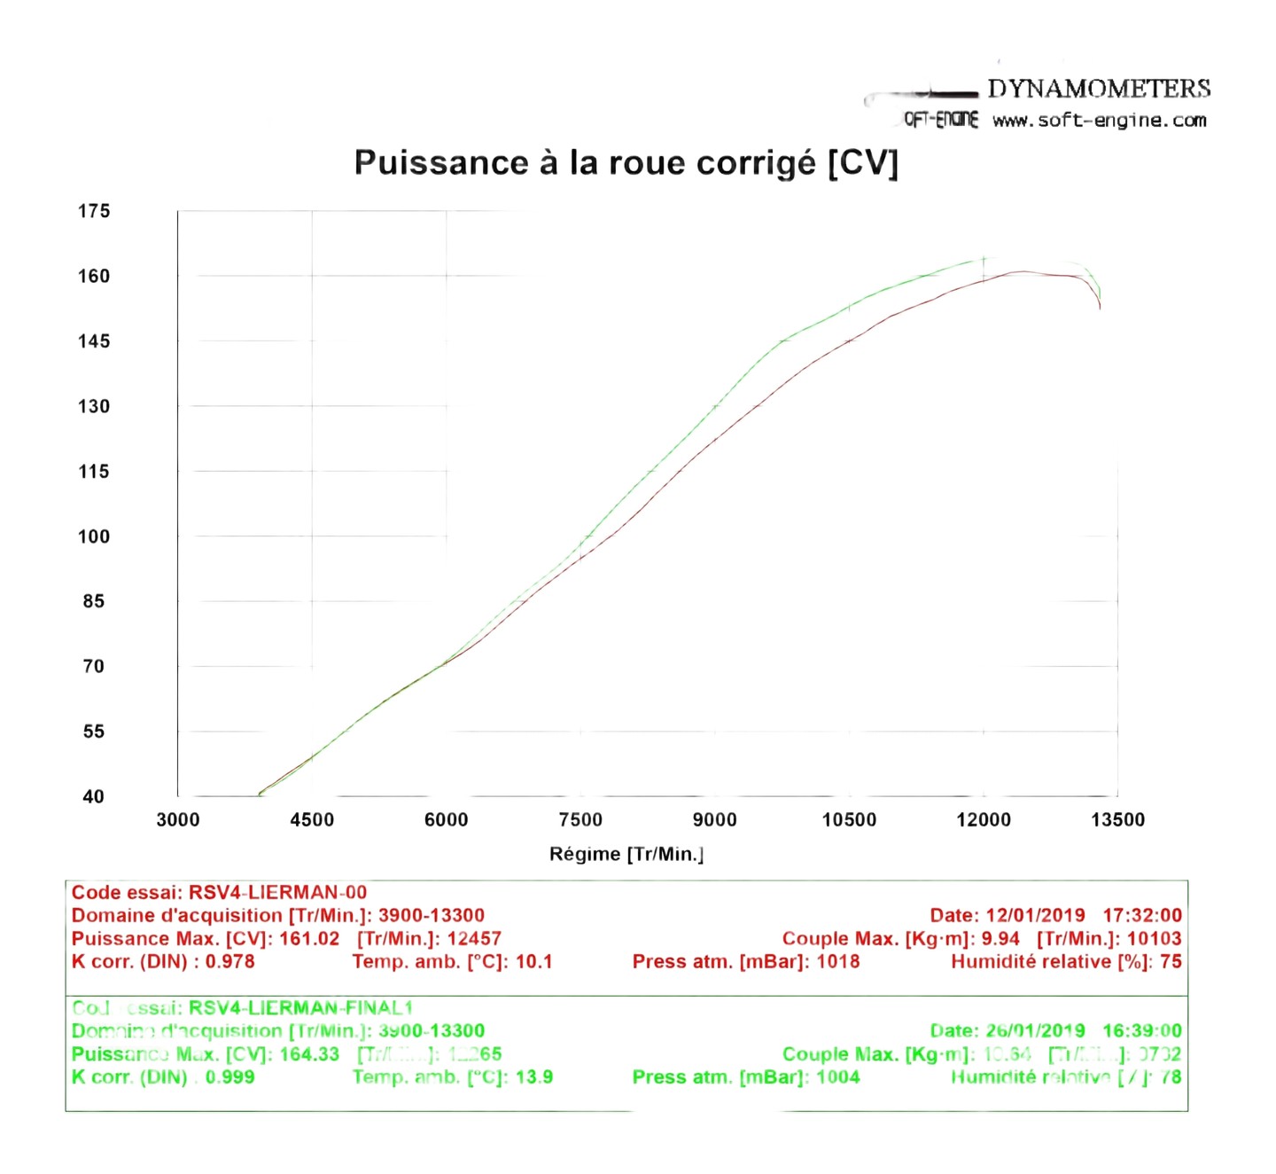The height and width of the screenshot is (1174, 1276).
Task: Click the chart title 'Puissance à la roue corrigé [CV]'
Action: pos(626,163)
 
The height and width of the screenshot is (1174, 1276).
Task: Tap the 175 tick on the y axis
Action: pos(94,211)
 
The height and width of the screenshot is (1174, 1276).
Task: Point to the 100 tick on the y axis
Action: pos(94,536)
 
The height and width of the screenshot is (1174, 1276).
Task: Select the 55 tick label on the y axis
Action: pos(94,732)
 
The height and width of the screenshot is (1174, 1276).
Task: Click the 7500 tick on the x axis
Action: pos(580,820)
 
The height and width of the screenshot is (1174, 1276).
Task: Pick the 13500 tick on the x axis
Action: pos(1117,820)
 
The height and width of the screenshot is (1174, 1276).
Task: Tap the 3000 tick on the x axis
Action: pos(178,820)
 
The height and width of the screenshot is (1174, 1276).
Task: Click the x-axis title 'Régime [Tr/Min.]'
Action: pos(626,854)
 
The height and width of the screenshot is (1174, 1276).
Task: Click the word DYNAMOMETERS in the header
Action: pos(1099,89)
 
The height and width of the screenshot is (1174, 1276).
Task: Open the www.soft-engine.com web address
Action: pos(1099,121)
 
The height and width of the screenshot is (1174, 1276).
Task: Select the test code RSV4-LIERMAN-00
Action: pos(277,893)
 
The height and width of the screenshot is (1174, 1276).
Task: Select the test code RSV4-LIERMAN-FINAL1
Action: pos(301,1008)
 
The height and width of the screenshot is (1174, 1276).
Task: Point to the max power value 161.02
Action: pos(309,939)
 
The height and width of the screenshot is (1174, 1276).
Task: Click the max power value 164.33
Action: pos(309,1054)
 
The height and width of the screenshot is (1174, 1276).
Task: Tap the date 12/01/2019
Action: pos(1035,916)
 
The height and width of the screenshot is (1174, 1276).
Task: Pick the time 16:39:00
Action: pos(1142,1031)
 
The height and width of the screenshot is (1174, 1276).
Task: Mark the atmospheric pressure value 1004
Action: pos(838,1077)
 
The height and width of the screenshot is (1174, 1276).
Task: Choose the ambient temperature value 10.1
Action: pos(533,962)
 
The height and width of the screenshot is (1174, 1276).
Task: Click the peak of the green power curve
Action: pos(984,259)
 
